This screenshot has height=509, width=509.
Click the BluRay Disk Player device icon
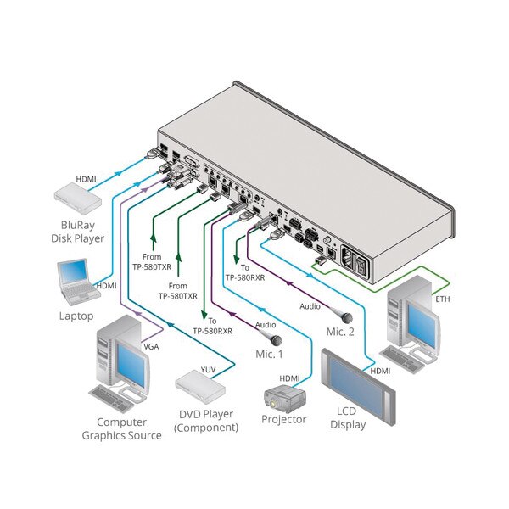tap(77, 199)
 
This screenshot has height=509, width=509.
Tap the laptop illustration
tap(77, 282)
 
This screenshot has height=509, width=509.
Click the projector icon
tap(285, 399)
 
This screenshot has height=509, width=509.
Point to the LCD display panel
tap(358, 386)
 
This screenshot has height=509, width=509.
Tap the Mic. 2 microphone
tap(342, 315)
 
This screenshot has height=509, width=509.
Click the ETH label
tap(443, 299)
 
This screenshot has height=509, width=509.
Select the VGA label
tap(151, 347)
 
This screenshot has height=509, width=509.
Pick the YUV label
tap(208, 369)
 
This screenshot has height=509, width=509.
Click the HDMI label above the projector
tap(289, 378)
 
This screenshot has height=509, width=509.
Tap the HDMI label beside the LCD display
tap(380, 371)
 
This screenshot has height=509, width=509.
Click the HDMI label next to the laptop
tap(106, 286)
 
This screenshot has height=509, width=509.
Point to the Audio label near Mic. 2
tap(310, 306)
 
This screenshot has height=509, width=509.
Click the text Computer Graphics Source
tap(121, 428)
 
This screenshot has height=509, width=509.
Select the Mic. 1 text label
tap(269, 354)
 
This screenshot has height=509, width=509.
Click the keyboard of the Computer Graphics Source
tap(112, 399)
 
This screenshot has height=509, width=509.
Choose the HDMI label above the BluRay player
tap(86, 179)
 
